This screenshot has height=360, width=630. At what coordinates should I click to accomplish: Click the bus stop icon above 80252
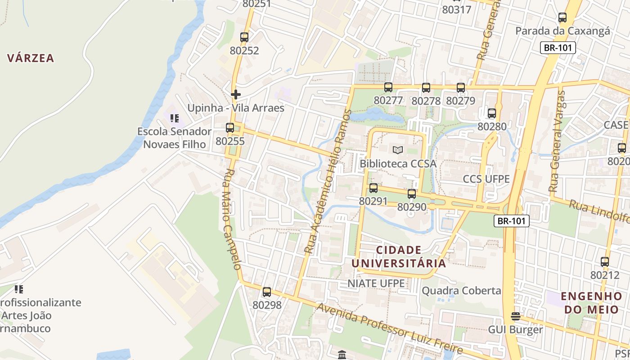click(x=244, y=37)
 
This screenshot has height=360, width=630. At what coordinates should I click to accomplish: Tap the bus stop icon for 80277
click(x=388, y=87)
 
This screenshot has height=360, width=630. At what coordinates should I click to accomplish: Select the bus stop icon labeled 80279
click(x=460, y=88)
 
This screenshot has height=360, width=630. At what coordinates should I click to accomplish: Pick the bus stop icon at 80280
click(x=491, y=113)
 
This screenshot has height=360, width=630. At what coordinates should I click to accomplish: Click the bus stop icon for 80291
click(x=373, y=188)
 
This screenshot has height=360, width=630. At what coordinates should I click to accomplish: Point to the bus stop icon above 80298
click(x=267, y=292)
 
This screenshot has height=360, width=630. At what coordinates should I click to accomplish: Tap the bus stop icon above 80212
click(x=604, y=262)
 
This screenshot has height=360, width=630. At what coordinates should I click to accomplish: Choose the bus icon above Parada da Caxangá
click(x=562, y=18)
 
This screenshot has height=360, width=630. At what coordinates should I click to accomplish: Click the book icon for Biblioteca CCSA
click(x=398, y=150)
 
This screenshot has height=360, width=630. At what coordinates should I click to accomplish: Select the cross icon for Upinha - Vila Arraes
click(x=235, y=94)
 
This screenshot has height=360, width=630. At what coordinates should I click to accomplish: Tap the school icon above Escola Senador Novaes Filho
click(x=174, y=118)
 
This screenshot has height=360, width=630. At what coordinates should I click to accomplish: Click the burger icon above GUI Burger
click(x=515, y=316)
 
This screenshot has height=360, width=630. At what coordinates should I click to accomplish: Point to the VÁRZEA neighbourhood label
click(x=31, y=58)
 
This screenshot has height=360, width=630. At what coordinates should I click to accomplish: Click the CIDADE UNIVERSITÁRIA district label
click(x=398, y=256)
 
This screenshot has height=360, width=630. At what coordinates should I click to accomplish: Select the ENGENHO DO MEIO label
click(x=591, y=303)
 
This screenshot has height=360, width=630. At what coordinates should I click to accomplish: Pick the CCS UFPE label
click(x=486, y=179)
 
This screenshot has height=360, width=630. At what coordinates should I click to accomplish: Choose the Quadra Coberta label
click(x=461, y=291)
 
